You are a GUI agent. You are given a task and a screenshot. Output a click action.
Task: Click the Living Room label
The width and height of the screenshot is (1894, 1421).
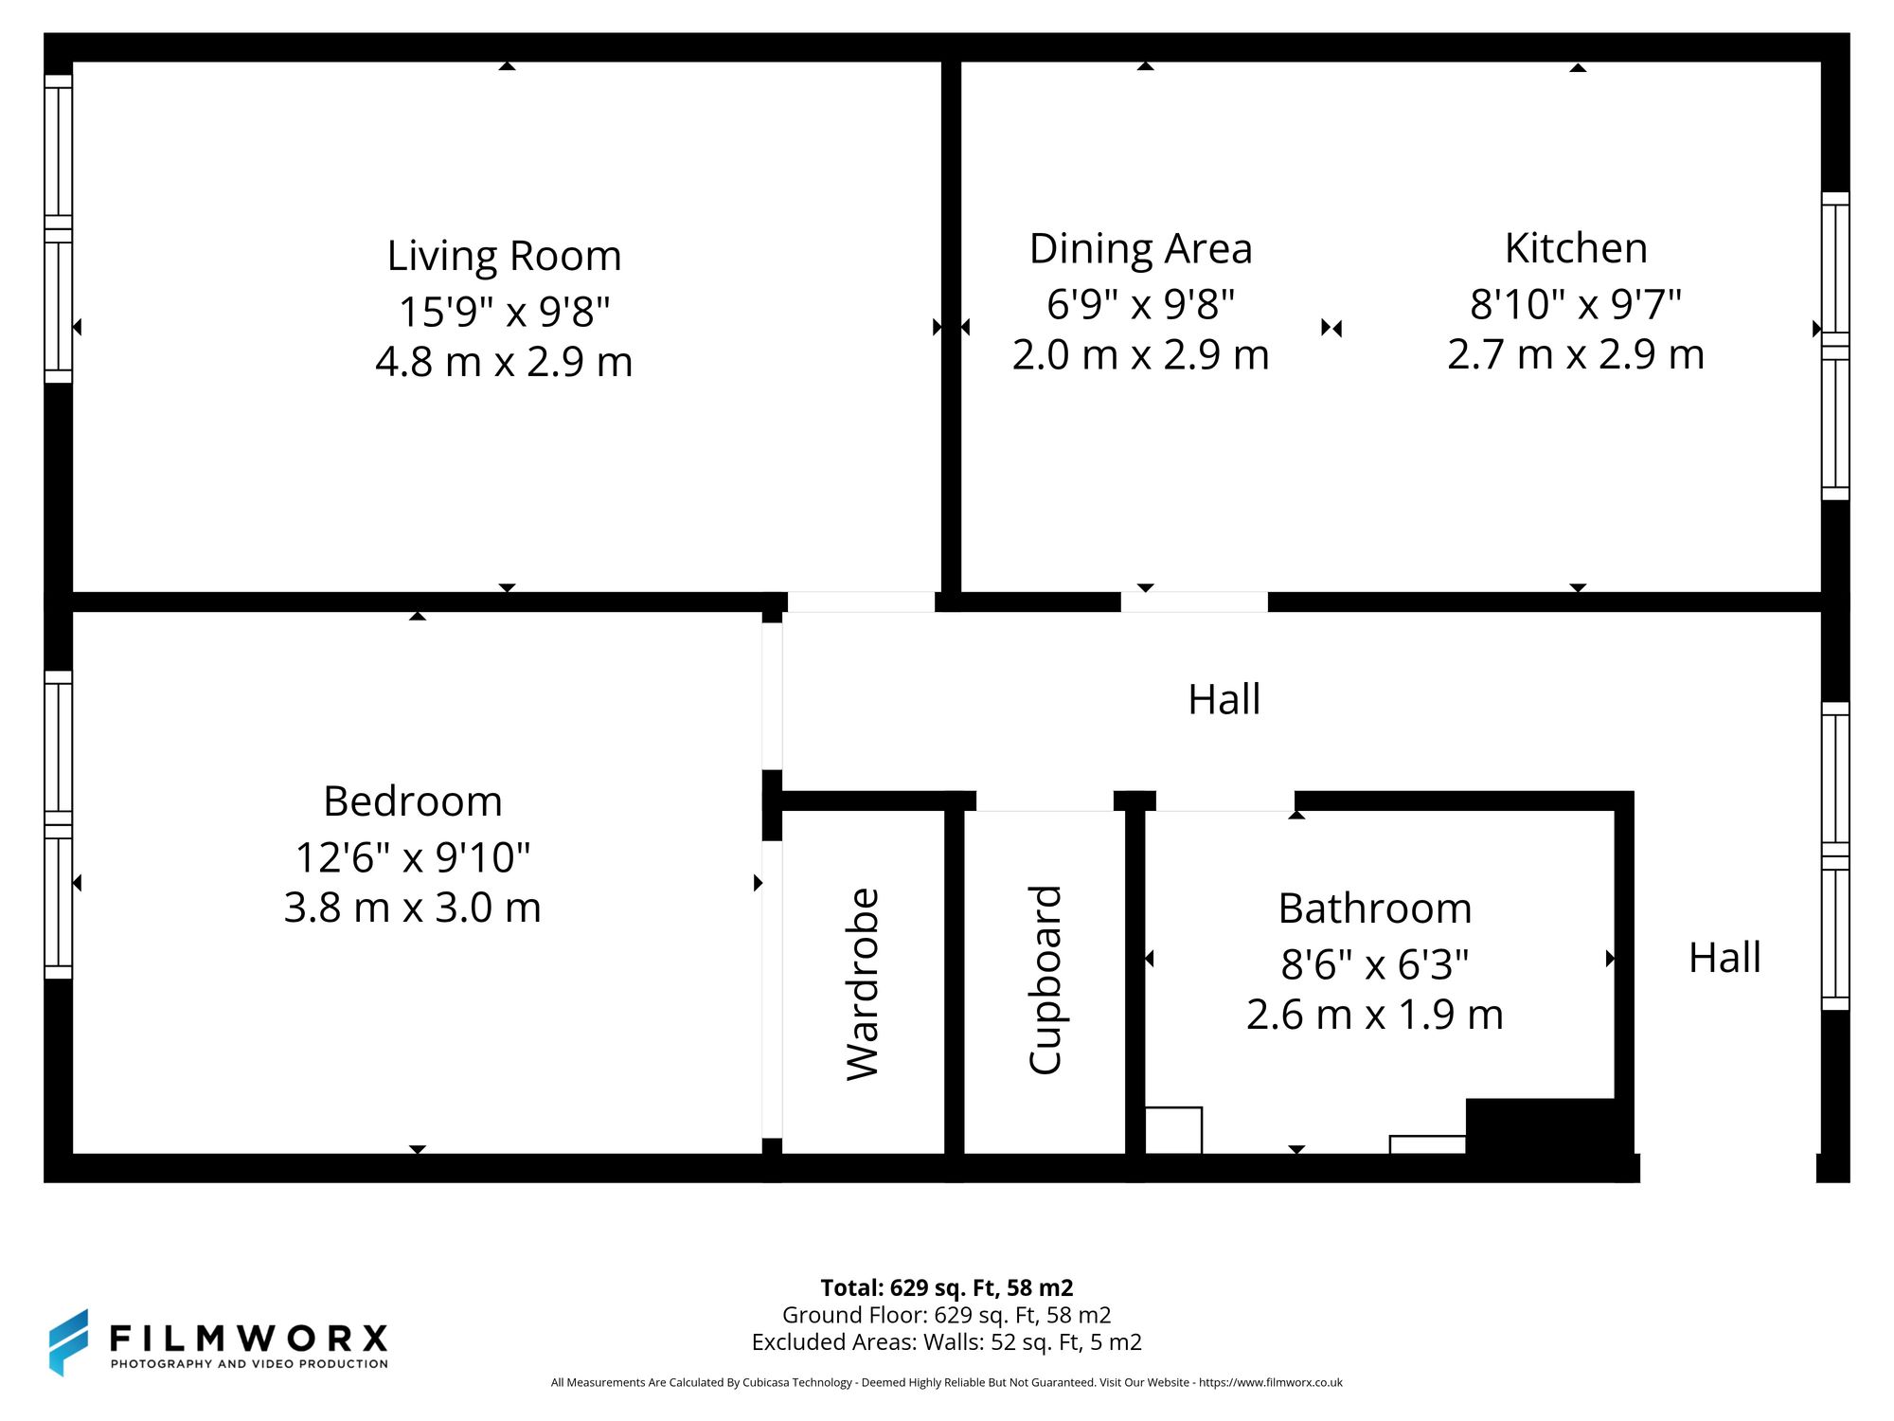[x=504, y=256]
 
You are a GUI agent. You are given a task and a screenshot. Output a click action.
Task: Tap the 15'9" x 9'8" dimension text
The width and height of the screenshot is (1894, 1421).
[x=504, y=311]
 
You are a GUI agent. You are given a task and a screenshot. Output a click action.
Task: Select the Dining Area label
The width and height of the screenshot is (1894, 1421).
[x=1140, y=249]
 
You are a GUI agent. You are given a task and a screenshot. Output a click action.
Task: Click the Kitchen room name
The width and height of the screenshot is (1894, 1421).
[x=1576, y=248]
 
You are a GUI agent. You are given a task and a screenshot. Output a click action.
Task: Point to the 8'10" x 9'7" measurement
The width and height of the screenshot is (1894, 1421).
[x=1576, y=304]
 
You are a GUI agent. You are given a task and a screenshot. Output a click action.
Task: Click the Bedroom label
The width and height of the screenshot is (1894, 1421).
[x=413, y=801]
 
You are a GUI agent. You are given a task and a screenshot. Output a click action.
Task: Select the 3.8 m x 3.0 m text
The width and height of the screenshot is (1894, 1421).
[x=413, y=908]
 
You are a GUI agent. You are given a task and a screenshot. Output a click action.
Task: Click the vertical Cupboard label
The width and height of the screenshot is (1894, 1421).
[x=1045, y=980]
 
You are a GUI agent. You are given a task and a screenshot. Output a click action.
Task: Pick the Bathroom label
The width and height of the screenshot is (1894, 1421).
[x=1375, y=908]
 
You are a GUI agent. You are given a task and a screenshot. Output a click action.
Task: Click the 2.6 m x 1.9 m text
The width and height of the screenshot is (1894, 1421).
[x=1375, y=1015]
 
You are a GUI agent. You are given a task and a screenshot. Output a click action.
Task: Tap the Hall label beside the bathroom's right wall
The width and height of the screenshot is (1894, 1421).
[x=1724, y=958]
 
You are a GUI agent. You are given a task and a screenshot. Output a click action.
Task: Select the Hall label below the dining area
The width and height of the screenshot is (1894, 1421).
[x=1224, y=700]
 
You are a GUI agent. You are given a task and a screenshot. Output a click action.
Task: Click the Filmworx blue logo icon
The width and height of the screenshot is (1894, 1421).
[x=69, y=1341]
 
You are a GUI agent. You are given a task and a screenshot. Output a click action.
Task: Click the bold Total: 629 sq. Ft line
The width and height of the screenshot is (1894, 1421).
[x=947, y=1287]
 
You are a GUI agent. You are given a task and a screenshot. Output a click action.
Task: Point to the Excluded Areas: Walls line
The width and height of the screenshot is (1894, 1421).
[x=947, y=1342]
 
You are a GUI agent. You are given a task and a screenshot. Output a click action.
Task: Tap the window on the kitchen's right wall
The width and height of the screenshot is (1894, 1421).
[x=1835, y=346]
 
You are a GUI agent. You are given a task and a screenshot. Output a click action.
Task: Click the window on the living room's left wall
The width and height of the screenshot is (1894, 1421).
[x=59, y=228]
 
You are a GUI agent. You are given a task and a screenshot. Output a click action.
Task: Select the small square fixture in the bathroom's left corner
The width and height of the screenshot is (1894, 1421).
[x=1173, y=1130]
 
